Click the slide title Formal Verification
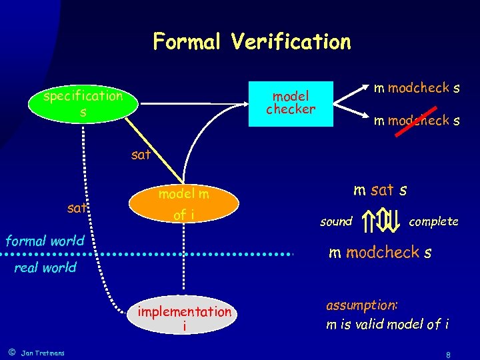click(x=251, y=42)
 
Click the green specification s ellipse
click(x=83, y=104)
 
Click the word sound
click(x=336, y=221)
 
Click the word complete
click(x=433, y=221)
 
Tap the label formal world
click(x=45, y=241)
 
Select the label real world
click(x=45, y=268)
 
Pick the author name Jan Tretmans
click(x=43, y=353)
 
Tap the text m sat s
click(x=380, y=191)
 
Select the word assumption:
click(x=361, y=305)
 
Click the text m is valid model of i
click(x=387, y=325)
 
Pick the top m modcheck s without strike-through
click(x=417, y=88)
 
